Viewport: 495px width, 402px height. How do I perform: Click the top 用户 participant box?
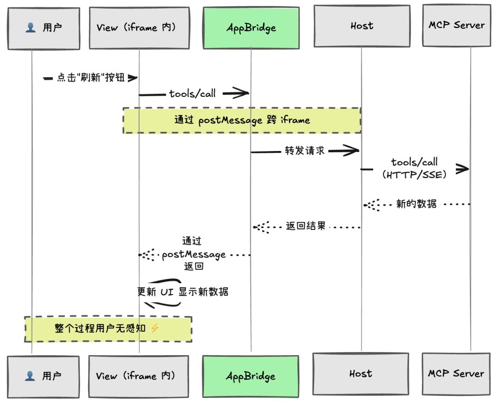click(x=44, y=28)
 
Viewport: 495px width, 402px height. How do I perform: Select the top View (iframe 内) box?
click(x=139, y=28)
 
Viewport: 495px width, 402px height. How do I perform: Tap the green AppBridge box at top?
click(x=251, y=28)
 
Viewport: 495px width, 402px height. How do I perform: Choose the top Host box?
click(x=362, y=26)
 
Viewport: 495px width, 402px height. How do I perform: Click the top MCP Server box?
click(x=456, y=25)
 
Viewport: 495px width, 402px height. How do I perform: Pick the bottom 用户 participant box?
click(x=43, y=376)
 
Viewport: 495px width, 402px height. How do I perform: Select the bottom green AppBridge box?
click(x=251, y=376)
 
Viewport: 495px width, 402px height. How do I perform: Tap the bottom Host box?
click(x=361, y=374)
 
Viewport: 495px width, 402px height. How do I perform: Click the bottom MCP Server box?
click(x=456, y=374)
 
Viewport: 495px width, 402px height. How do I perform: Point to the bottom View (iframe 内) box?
click(x=138, y=376)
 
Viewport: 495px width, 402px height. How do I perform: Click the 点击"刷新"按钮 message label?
click(x=91, y=78)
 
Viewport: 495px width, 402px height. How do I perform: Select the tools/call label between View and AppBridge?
click(x=192, y=94)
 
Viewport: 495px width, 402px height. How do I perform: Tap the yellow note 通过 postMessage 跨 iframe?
click(x=242, y=121)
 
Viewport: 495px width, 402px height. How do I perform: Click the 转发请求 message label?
click(x=305, y=151)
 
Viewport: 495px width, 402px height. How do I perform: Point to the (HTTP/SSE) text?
click(x=414, y=175)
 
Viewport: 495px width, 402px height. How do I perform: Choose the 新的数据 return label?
click(x=416, y=204)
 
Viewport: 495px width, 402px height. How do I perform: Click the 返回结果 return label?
click(x=306, y=226)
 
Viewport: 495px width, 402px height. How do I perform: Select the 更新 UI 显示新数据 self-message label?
click(x=183, y=292)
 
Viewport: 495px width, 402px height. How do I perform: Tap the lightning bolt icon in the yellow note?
click(x=154, y=328)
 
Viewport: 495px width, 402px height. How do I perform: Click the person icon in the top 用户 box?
click(x=30, y=28)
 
